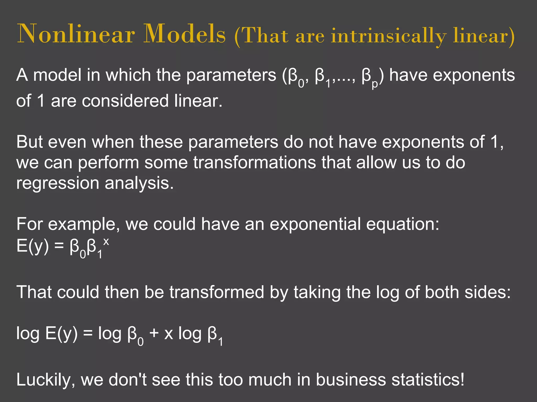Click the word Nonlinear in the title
(76, 34)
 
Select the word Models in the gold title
(184, 34)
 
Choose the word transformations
(255, 163)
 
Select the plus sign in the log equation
(154, 333)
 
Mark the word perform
(108, 163)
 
